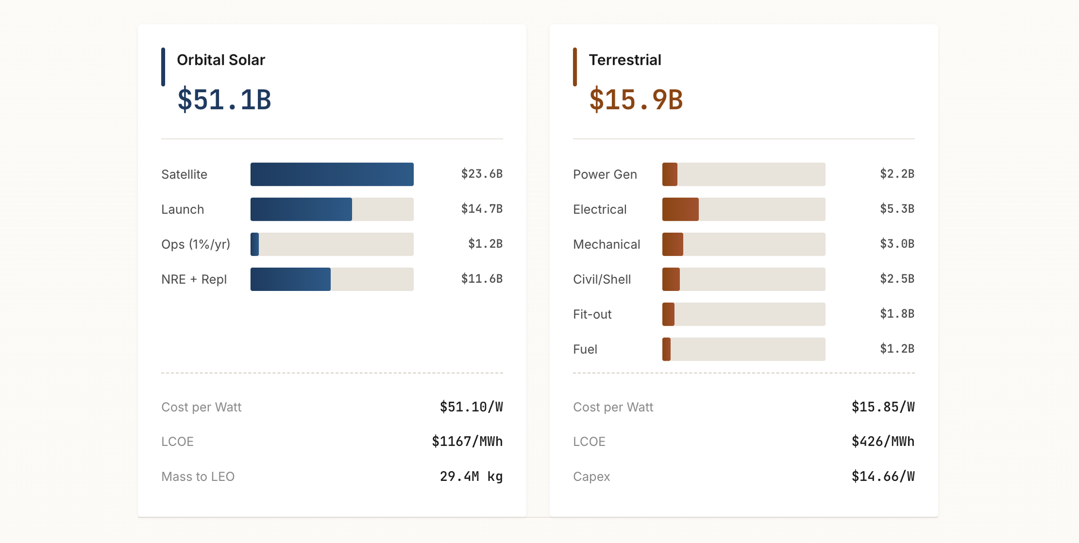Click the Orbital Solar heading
click(x=221, y=60)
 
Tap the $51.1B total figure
click(x=224, y=100)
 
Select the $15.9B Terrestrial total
click(x=636, y=100)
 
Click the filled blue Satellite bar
click(x=332, y=174)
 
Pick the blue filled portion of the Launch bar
click(x=301, y=209)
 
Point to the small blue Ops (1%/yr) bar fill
click(x=255, y=245)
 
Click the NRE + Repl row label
click(x=194, y=280)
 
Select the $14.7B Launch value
click(x=481, y=209)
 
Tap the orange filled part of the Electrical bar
click(x=680, y=209)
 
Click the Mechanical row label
click(x=606, y=245)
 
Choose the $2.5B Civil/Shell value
click(x=897, y=279)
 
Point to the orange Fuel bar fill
click(x=667, y=349)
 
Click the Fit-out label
click(x=592, y=315)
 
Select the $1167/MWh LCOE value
click(x=467, y=442)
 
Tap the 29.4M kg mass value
click(x=471, y=477)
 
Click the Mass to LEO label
click(x=197, y=477)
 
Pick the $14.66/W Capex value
click(x=883, y=477)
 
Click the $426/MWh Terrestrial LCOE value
click(x=883, y=442)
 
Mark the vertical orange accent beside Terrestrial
click(x=575, y=67)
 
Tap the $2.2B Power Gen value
click(x=897, y=174)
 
